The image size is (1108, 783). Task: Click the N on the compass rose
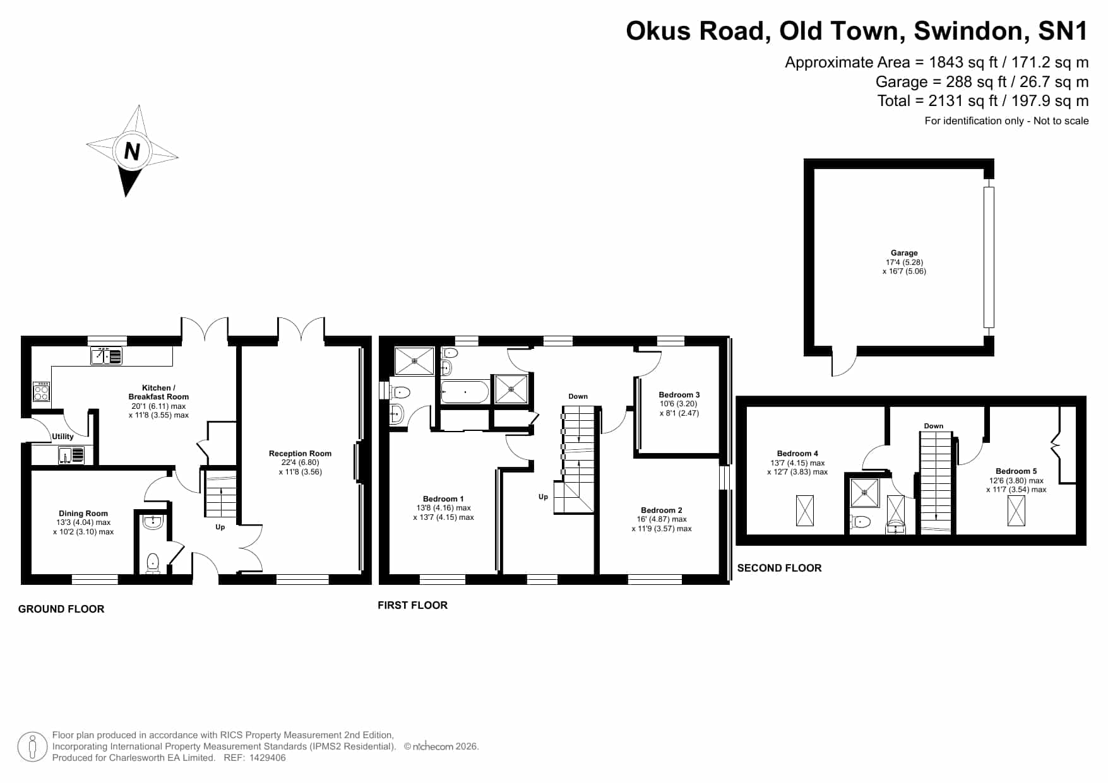[x=132, y=151]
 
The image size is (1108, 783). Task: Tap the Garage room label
[x=904, y=253]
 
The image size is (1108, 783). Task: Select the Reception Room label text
[x=300, y=453]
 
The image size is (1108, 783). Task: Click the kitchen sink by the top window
[x=106, y=356]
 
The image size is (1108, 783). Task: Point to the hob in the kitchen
[x=41, y=392]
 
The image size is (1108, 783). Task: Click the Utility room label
[x=63, y=436]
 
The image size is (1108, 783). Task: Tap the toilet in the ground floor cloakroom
[x=152, y=563]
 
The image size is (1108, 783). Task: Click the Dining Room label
[x=83, y=514]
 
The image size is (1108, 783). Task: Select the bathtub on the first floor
[x=465, y=392]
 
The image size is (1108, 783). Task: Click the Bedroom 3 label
[x=679, y=395]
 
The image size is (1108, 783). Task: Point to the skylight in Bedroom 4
[x=805, y=510]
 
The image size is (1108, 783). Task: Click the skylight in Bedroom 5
[x=1016, y=510]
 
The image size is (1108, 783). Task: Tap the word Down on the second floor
[x=934, y=426]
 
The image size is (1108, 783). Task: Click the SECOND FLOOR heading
[x=780, y=568]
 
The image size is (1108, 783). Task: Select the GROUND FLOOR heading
[x=61, y=609]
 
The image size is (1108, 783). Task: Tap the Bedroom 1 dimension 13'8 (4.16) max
[x=444, y=508]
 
